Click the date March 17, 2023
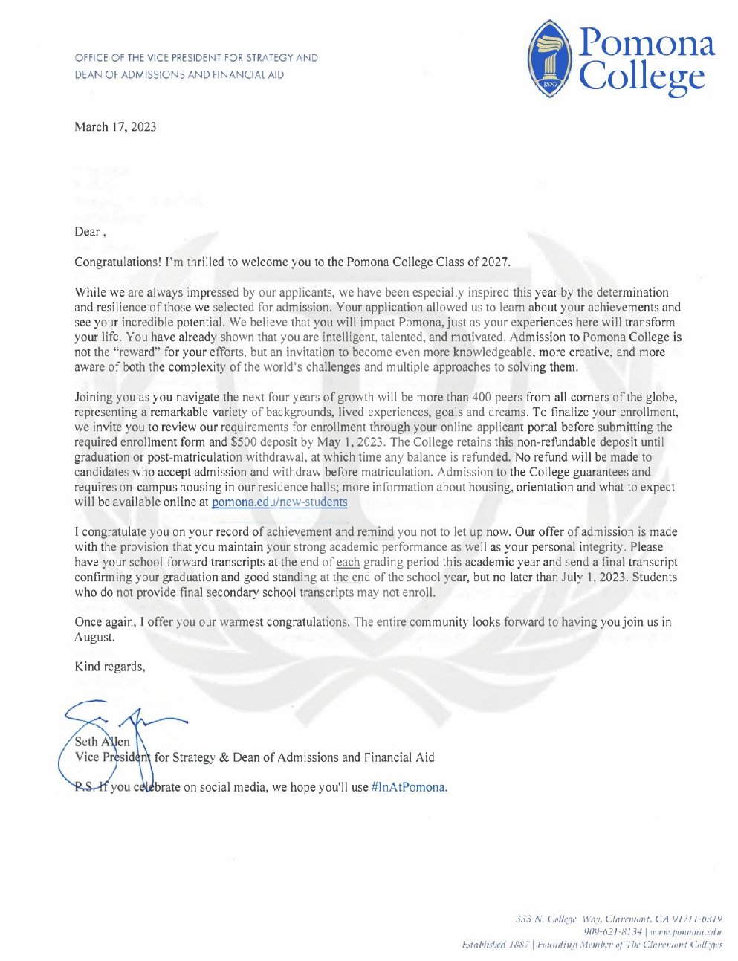coord(115,127)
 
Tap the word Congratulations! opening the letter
coord(117,262)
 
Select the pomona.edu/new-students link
coord(279,502)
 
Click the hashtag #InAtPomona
coord(409,787)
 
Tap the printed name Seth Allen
coord(103,742)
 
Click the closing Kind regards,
coord(110,667)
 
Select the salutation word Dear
coord(87,232)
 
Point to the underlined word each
coord(348,563)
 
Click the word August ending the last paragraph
coord(94,637)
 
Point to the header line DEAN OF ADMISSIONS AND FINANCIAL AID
coord(178,75)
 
